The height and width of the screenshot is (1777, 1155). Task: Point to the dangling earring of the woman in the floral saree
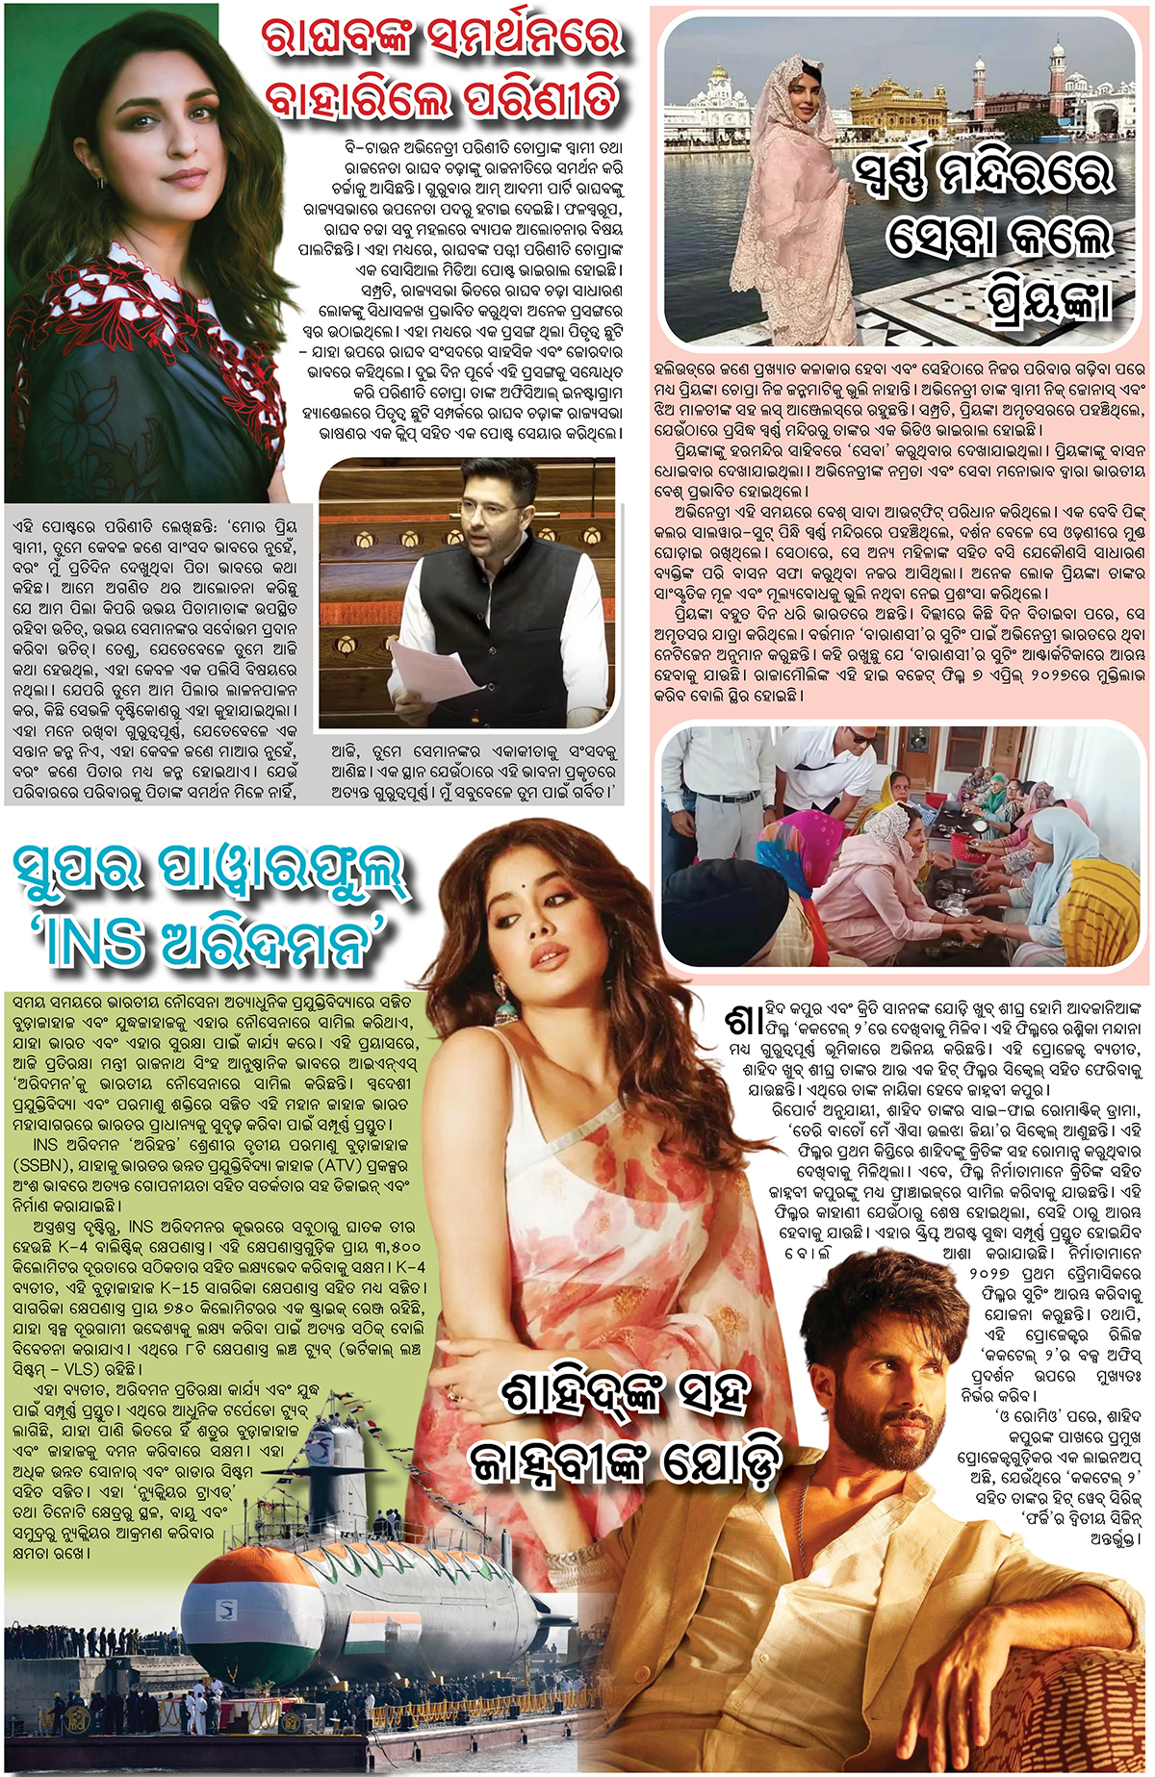click(x=502, y=1002)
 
